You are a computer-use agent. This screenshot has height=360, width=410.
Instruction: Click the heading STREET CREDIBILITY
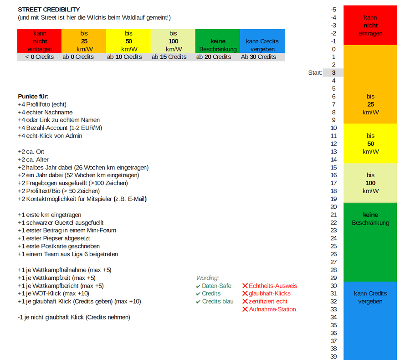point(49,10)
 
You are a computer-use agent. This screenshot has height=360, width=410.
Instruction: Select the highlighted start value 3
point(334,73)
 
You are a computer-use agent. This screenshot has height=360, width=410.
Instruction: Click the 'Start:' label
point(315,73)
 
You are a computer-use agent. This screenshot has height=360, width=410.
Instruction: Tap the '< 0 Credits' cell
point(40,57)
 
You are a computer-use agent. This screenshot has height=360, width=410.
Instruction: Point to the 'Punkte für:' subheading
point(33,97)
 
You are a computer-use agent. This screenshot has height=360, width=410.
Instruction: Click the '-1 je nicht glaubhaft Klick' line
point(74,317)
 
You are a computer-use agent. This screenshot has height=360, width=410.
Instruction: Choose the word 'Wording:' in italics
point(208,278)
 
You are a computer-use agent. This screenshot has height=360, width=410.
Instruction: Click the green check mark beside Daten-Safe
point(198,286)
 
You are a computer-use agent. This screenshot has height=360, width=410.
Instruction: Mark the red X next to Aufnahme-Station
point(245,309)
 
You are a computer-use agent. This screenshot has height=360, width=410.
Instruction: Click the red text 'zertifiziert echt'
point(268,301)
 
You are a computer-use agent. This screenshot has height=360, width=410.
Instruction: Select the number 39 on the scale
point(333,356)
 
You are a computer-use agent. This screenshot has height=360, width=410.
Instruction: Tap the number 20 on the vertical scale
point(333,207)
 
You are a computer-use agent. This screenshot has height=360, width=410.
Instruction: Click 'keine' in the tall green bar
point(370,215)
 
